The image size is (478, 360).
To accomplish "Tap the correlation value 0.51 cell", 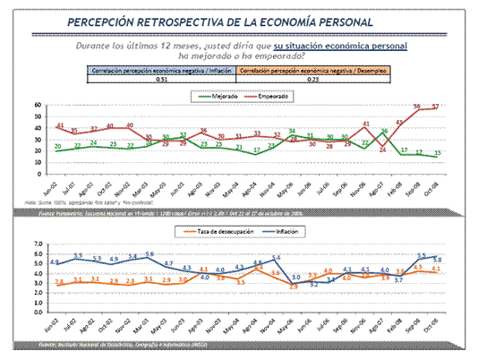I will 162,79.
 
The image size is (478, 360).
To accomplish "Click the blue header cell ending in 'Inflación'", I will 162,69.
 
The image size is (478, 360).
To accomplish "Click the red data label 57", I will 437,107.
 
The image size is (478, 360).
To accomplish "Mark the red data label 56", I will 417,107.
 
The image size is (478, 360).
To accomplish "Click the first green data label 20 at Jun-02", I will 58,146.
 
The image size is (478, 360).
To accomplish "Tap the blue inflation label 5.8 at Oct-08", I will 437,260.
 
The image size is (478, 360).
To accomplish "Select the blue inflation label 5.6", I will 150,255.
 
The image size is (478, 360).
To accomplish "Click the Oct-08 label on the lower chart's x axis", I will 435,325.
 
